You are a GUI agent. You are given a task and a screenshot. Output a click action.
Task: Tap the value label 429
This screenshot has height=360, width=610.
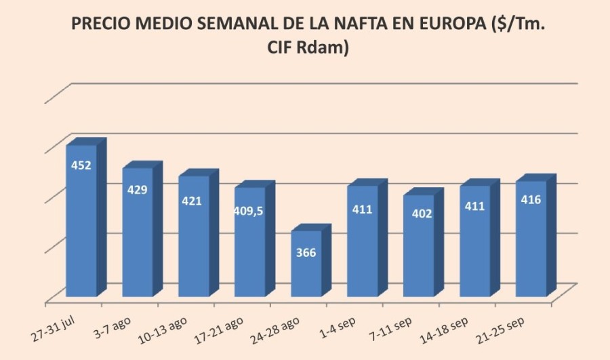point(138,189)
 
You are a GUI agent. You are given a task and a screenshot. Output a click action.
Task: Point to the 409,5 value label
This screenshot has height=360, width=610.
point(249,211)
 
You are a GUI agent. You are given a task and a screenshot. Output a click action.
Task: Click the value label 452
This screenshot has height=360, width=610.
point(81,165)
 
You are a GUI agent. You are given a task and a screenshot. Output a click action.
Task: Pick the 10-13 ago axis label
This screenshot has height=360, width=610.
point(163,324)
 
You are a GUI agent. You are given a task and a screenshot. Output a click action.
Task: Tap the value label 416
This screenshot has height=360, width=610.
point(531,199)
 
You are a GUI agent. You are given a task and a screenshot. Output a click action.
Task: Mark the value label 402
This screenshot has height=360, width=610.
point(418,214)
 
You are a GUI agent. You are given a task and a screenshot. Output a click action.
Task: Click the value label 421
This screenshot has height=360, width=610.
point(194,201)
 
